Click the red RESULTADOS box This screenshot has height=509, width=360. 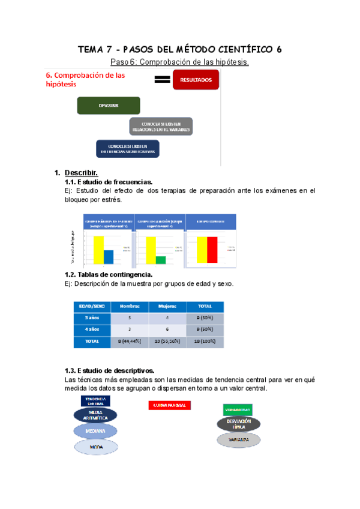[196, 79]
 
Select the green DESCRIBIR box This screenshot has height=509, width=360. [109, 106]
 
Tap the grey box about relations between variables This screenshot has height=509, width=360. [161, 126]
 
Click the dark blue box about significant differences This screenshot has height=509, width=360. [127, 148]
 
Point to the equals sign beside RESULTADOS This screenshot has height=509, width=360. [161, 80]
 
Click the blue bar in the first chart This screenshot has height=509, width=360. [108, 256]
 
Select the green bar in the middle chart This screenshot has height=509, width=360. [161, 259]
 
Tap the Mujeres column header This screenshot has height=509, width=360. [167, 306]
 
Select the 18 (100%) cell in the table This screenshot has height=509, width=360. [208, 341]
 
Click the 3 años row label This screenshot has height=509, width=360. [92, 318]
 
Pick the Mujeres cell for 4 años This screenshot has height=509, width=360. [167, 330]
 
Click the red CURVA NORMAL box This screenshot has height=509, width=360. [169, 405]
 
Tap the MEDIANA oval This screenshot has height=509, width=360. [95, 431]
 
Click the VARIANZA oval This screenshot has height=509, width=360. [238, 439]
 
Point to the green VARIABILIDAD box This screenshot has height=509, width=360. [238, 409]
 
